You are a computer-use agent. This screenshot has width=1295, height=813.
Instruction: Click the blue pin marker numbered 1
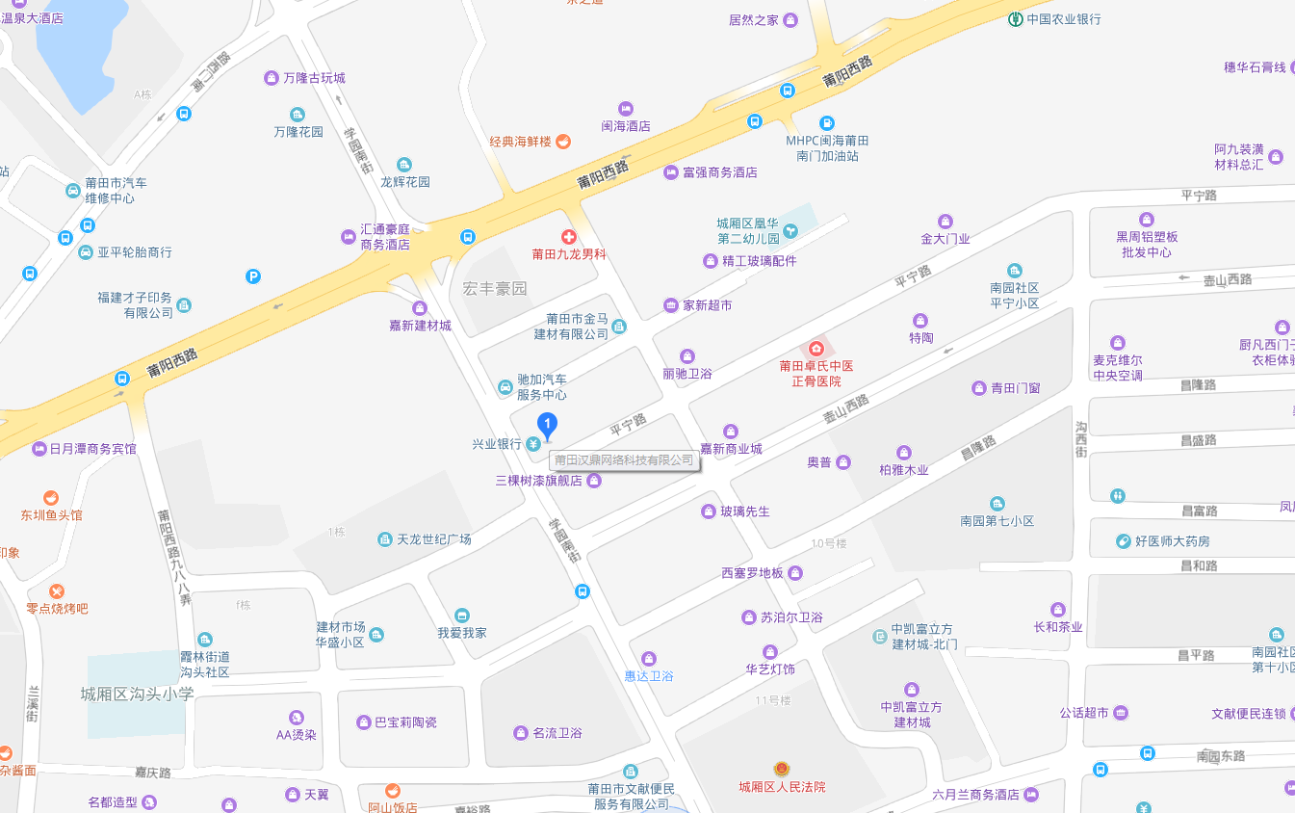point(547,425)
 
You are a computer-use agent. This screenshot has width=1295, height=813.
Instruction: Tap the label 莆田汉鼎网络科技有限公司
point(624,460)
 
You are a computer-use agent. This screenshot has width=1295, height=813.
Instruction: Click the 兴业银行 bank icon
point(532,444)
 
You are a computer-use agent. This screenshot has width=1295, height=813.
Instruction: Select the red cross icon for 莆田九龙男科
point(568,237)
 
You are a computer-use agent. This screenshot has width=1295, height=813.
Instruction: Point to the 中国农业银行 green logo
point(1015,19)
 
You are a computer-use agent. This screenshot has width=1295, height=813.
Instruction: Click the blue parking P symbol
point(253,276)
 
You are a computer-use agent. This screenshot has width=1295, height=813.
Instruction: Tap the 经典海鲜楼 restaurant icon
point(563,142)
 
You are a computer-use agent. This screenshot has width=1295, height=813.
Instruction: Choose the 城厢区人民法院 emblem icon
point(782,769)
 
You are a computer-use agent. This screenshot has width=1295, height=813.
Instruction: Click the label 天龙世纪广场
point(433,539)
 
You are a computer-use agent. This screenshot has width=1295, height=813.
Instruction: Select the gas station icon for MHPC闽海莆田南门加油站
point(826,123)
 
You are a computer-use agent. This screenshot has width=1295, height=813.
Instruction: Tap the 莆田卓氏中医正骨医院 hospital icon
point(816,348)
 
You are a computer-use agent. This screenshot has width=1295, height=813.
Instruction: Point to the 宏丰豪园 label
point(495,288)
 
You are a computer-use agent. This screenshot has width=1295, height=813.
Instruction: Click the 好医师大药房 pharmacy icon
point(1123,541)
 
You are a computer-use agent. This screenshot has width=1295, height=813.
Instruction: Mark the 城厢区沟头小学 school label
point(137,694)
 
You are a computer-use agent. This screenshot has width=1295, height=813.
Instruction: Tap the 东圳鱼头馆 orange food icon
point(51,498)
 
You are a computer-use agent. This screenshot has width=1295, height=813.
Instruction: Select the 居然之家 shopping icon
point(790,20)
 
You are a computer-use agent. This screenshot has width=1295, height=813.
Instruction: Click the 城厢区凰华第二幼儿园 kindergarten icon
point(790,230)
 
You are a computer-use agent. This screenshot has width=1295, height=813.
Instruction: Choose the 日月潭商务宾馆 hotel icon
point(39,449)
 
